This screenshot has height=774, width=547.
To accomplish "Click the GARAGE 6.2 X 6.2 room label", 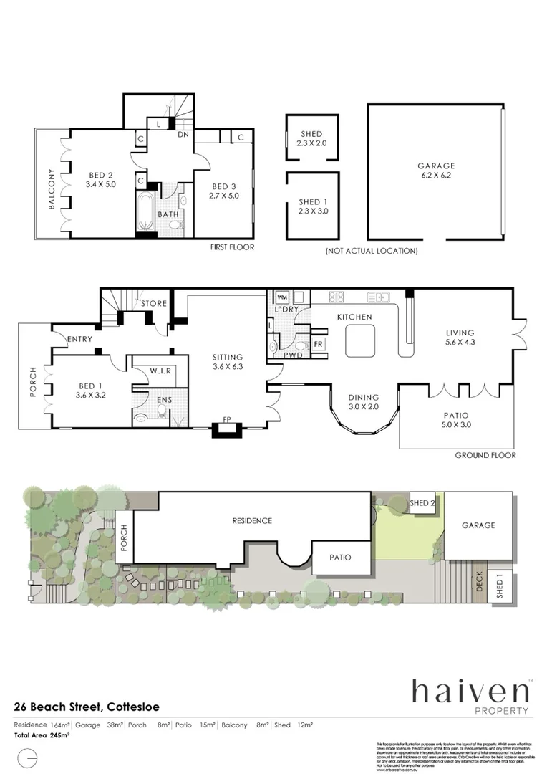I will tap(437, 171).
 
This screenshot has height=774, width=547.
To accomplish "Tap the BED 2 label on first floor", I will tap(101, 179).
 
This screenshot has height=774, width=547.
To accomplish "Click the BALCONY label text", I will tap(52, 189).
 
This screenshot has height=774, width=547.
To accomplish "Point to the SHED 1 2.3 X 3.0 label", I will tap(311, 206).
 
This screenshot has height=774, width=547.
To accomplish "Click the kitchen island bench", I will tap(362, 340).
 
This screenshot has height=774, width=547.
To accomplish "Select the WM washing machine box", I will tap(281, 296).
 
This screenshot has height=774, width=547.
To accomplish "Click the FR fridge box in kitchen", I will tap(318, 343).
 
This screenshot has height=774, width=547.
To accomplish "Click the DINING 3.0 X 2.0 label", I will tap(364, 402).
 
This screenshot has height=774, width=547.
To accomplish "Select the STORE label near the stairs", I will tap(153, 304).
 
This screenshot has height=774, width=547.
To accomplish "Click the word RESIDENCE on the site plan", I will tap(252, 520).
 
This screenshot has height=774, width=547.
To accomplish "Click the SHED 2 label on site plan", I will tap(422, 503).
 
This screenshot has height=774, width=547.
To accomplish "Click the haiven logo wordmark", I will tap(470, 692).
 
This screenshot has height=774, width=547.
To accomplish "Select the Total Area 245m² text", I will tap(42, 735).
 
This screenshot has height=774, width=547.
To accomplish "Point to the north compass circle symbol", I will tap(27, 756).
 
